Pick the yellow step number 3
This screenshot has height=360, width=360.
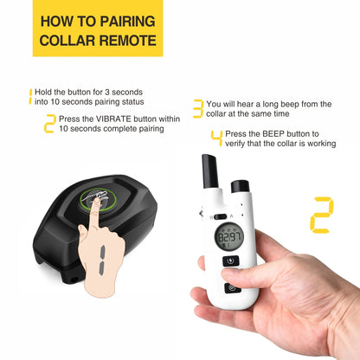[x=197, y=108]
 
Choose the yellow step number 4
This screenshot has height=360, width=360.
[x=216, y=138]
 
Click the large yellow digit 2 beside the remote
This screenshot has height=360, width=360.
[x=321, y=215]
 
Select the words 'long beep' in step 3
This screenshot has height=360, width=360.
[x=273, y=104]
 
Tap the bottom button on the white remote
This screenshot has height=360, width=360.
[x=232, y=288]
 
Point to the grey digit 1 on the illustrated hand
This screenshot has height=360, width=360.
[x=103, y=259]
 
